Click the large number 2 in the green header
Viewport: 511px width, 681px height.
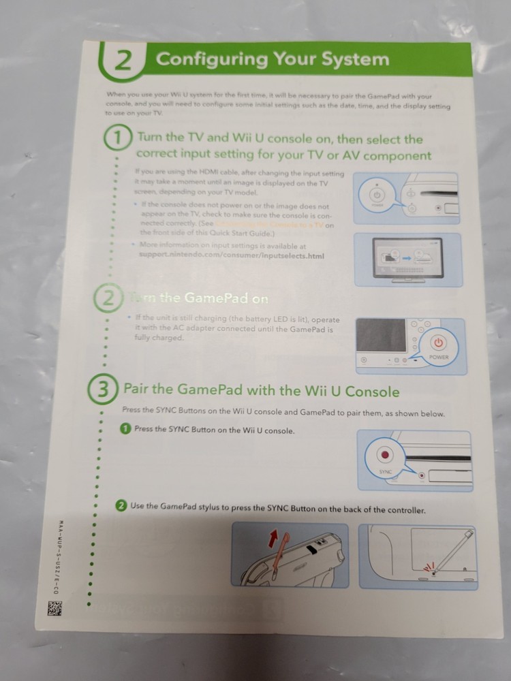pyautogui.click(x=123, y=60)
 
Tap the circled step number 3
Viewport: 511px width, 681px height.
pyautogui.click(x=100, y=390)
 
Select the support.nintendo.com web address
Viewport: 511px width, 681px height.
pyautogui.click(x=231, y=256)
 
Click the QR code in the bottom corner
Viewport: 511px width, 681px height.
pyautogui.click(x=55, y=608)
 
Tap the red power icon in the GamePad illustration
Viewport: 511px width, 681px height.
pyautogui.click(x=439, y=343)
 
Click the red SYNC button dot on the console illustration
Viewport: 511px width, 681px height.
pyautogui.click(x=386, y=454)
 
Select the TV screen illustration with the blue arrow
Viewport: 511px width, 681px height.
pyautogui.click(x=407, y=259)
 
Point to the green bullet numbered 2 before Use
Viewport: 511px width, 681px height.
pyautogui.click(x=121, y=505)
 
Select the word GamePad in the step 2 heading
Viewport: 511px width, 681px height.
pyautogui.click(x=209, y=298)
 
